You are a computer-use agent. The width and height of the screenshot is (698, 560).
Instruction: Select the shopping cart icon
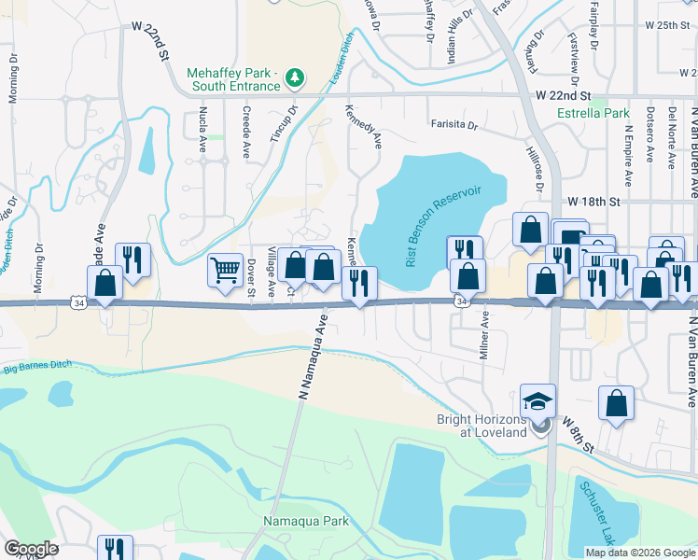[x=225, y=271]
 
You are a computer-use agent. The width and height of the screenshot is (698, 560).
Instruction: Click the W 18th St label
[x=593, y=202]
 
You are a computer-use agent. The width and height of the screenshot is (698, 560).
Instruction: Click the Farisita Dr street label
[x=454, y=124]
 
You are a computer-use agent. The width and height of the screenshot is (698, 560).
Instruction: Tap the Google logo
[x=31, y=549]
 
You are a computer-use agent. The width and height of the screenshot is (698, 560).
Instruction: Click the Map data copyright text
[x=640, y=553]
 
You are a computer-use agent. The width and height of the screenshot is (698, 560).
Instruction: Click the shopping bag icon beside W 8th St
[x=616, y=405]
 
